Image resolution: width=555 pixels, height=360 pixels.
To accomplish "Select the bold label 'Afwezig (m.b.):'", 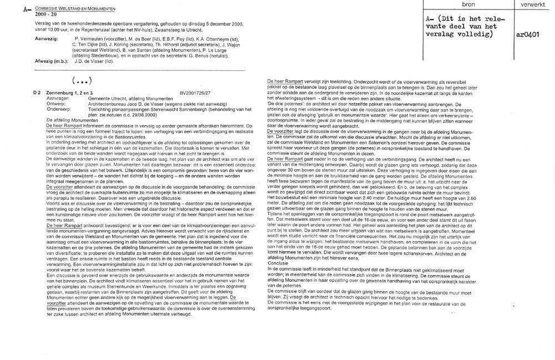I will [37, 62].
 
